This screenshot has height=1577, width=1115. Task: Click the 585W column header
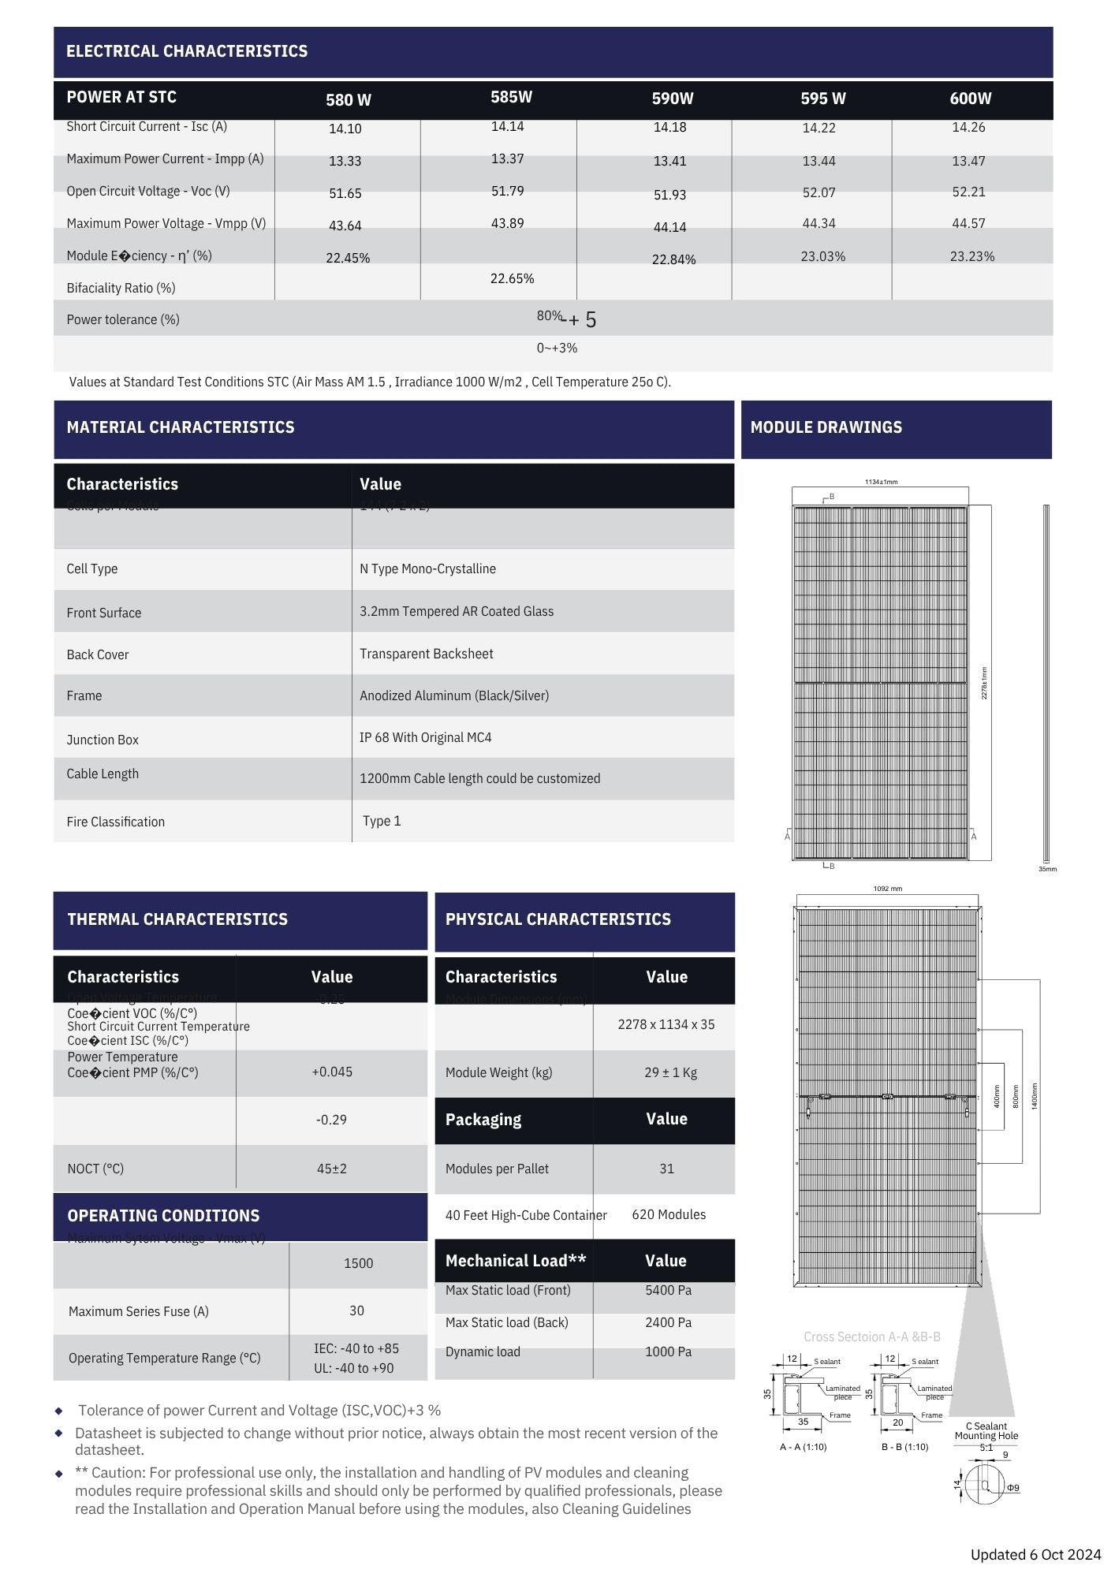click(x=511, y=97)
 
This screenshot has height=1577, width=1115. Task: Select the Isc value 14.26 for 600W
click(x=968, y=127)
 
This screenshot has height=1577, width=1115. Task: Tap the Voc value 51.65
click(x=345, y=193)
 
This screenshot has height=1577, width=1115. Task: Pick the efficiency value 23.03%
click(x=822, y=256)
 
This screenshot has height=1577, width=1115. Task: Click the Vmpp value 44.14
click(x=669, y=227)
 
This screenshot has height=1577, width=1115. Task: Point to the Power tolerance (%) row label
click(x=123, y=319)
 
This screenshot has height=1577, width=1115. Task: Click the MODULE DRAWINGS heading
click(x=826, y=427)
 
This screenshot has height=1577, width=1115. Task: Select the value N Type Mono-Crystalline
click(x=427, y=569)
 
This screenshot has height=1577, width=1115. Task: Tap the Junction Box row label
click(x=103, y=740)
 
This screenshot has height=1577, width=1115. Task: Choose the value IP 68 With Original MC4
click(x=425, y=737)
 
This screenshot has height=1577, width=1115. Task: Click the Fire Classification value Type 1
click(x=382, y=821)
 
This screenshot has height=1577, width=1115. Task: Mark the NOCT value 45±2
click(x=332, y=1169)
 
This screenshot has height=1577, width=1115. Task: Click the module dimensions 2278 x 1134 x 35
click(x=666, y=1024)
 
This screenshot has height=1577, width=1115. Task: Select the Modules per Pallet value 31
click(x=667, y=1169)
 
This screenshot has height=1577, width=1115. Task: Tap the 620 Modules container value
click(x=669, y=1214)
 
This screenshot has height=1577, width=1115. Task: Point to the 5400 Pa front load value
click(x=668, y=1290)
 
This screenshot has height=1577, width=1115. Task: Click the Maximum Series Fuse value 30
click(x=356, y=1310)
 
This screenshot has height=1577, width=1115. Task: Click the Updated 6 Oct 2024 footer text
click(x=1035, y=1554)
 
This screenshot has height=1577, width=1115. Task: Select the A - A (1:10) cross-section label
click(x=803, y=1447)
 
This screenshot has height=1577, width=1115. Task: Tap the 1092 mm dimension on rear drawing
click(x=887, y=889)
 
